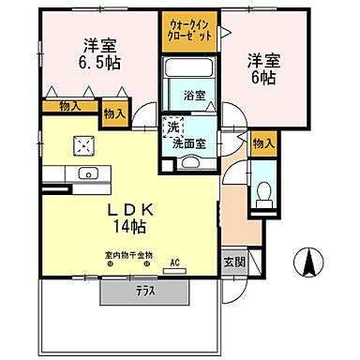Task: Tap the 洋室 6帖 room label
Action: tap(262, 68)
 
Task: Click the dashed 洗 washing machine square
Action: tap(172, 127)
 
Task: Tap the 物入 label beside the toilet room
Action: tap(263, 142)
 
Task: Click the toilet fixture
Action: tap(263, 193)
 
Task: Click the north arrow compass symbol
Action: tap(307, 262)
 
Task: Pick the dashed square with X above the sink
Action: tap(86, 145)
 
